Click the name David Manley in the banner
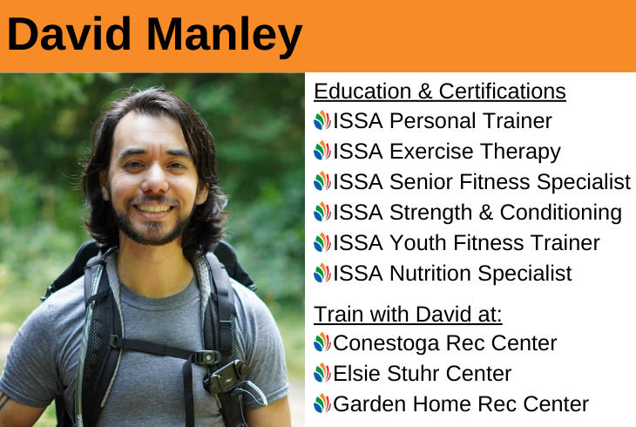click(154, 36)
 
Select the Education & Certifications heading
click(440, 91)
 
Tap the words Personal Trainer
click(470, 121)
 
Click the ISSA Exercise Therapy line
click(437, 152)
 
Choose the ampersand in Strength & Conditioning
click(485, 213)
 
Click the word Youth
click(418, 243)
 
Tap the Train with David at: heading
click(408, 315)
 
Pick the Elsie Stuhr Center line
click(412, 374)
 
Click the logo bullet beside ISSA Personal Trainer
click(322, 120)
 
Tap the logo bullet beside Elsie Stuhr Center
click(322, 373)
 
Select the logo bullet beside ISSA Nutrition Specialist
click(322, 273)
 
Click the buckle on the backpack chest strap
click(206, 358)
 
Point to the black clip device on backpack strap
click(226, 378)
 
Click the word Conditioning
click(560, 213)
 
